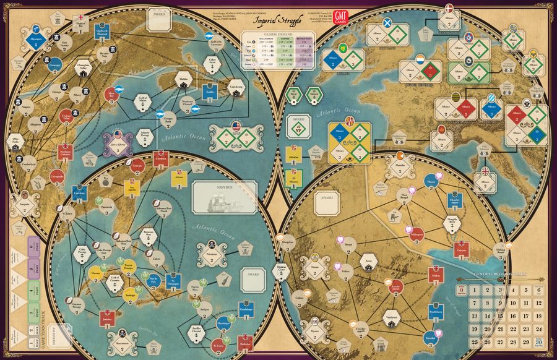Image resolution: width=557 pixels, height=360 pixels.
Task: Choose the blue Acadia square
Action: click(x=210, y=92)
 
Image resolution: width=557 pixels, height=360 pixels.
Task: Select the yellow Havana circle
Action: click(x=96, y=273)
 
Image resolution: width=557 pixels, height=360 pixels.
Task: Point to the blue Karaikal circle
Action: click(x=430, y=337)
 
